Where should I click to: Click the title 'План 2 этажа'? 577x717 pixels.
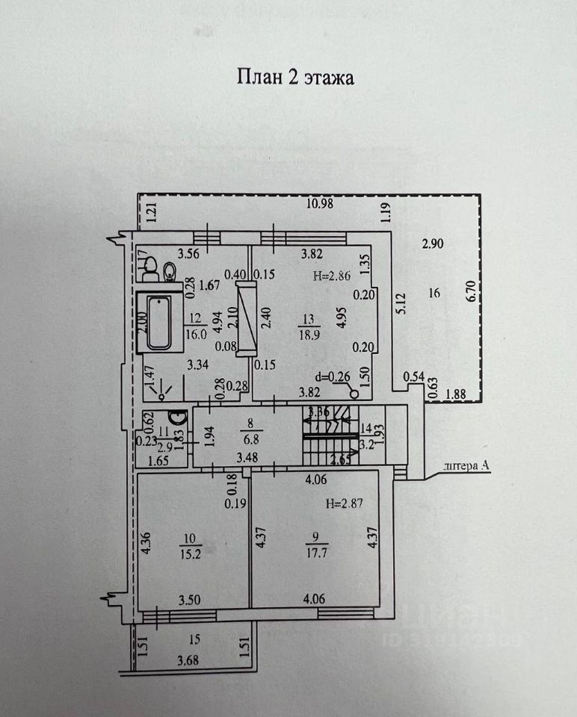click(295, 77)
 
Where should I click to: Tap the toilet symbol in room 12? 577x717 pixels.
click(168, 270)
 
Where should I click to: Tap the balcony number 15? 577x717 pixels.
click(194, 639)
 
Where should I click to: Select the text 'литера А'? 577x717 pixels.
click(465, 467)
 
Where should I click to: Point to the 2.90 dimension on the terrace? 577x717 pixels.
click(432, 243)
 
